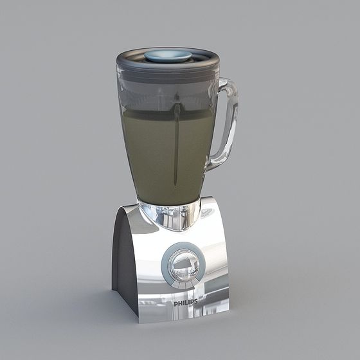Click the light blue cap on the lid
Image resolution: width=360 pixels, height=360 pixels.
167,56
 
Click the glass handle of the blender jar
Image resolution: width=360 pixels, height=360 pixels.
228,122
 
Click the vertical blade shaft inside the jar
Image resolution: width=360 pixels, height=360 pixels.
175,148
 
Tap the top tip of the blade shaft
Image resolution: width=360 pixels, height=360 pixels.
176,106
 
